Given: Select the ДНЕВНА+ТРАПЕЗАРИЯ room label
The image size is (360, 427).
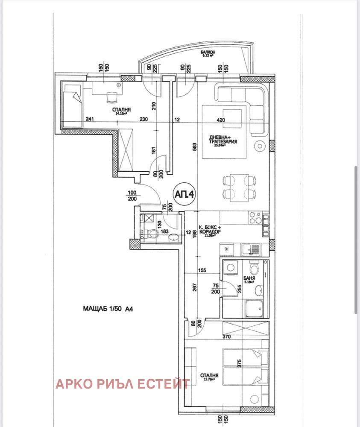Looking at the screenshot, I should [223, 140].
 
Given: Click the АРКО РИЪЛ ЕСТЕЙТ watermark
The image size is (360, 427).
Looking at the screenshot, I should [123, 384].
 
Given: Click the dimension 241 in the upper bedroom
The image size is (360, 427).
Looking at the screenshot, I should [90, 120].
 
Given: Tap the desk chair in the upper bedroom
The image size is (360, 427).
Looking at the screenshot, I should [112, 97].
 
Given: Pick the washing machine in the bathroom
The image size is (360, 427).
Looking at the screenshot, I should [231, 268].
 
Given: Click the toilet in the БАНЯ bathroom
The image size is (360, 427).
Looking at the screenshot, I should [254, 268].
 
